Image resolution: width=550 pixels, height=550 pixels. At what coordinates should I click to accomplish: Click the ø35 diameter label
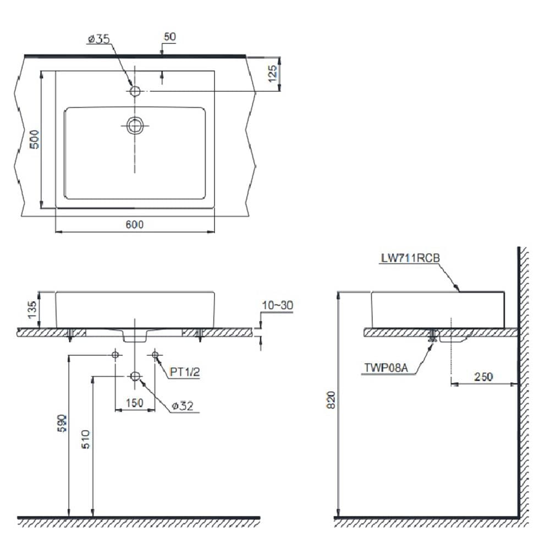pyautogui.click(x=98, y=38)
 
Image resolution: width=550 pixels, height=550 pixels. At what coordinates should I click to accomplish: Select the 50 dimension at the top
pyautogui.click(x=170, y=37)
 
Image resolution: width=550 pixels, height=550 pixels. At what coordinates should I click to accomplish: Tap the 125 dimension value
pyautogui.click(x=273, y=74)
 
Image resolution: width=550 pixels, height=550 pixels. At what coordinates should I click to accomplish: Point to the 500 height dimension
pyautogui.click(x=34, y=139)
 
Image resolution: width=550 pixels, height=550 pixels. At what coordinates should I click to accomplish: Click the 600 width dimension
pyautogui.click(x=135, y=224)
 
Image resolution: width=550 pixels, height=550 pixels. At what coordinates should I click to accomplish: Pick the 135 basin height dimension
pyautogui.click(x=32, y=310)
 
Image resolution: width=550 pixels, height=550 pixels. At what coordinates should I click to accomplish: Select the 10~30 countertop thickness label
pyautogui.click(x=277, y=305)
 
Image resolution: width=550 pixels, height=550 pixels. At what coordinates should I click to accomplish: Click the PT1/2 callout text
pyautogui.click(x=185, y=372)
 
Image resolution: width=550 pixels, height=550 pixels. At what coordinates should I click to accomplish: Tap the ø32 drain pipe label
pyautogui.click(x=183, y=406)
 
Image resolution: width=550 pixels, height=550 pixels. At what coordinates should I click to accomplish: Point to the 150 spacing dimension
pyautogui.click(x=135, y=403)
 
